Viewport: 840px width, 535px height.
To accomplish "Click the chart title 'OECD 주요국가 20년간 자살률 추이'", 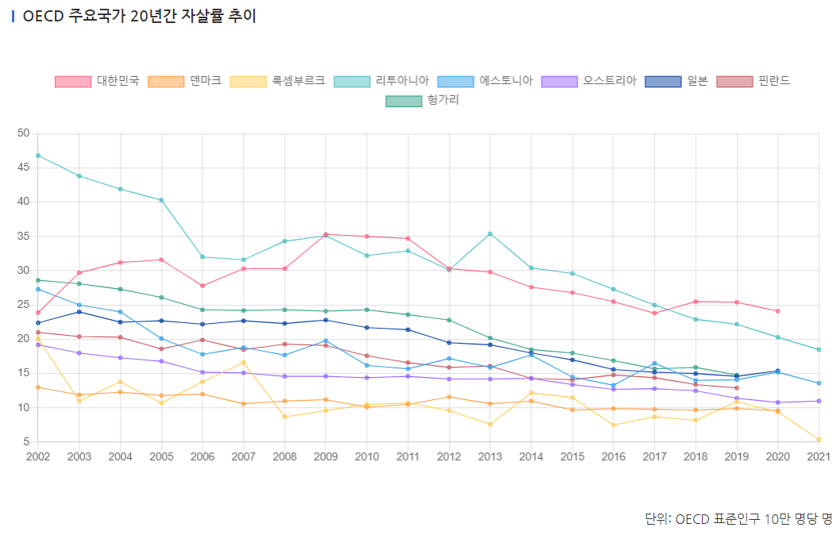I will [x=139, y=17].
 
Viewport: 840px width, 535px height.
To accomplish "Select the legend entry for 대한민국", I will [x=97, y=81].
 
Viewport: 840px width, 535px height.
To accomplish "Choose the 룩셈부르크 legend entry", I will [x=277, y=81].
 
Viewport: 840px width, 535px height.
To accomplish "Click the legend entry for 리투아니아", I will [x=381, y=81].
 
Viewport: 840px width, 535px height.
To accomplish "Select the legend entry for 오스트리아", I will [x=588, y=81].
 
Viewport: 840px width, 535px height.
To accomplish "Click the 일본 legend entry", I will [x=676, y=81].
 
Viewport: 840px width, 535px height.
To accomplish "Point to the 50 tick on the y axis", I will [x=22, y=133].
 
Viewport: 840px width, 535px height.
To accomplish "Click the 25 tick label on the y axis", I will [x=22, y=305].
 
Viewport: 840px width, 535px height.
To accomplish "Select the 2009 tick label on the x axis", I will [x=326, y=456].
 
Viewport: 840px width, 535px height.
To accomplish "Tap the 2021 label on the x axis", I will [x=818, y=456].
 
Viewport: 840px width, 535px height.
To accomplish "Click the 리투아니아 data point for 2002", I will [x=38, y=156].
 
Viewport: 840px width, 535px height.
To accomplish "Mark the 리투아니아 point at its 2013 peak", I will [x=490, y=233].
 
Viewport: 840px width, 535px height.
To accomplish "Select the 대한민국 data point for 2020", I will [x=777, y=311].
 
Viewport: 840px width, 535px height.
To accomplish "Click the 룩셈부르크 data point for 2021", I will [x=819, y=440].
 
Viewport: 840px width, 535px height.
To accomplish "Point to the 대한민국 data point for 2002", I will [x=38, y=312].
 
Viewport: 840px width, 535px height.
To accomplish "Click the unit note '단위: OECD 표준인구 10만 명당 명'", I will [x=738, y=518].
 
